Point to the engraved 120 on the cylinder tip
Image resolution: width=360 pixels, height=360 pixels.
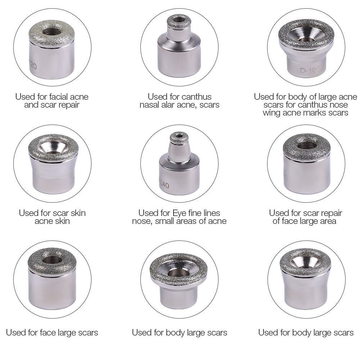[x=32, y=66]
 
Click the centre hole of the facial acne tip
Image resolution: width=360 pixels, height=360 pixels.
[x=52, y=32]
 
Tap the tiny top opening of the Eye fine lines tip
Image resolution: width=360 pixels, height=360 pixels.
[x=179, y=136]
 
